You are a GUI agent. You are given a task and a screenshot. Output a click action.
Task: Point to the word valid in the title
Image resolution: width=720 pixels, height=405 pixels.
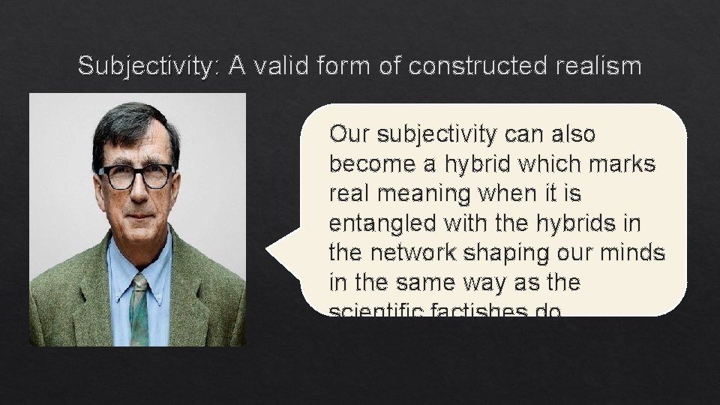pyautogui.click(x=283, y=67)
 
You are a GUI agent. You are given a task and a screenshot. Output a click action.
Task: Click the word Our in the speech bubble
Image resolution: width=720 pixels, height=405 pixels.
pyautogui.click(x=350, y=135)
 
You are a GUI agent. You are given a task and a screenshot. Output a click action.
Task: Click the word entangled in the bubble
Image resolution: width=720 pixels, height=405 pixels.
pyautogui.click(x=379, y=223)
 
